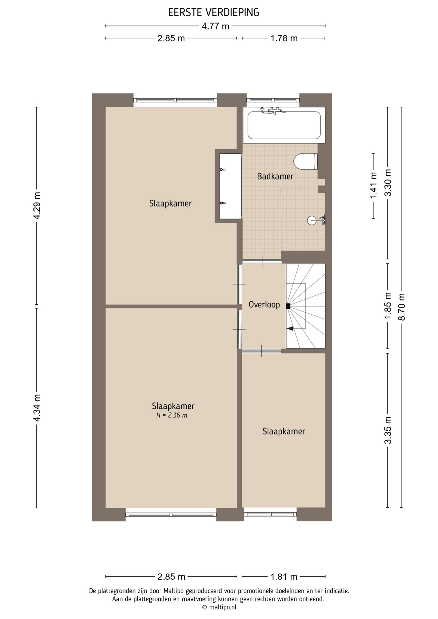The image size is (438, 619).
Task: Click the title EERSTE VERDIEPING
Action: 214,13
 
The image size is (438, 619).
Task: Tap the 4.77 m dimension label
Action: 215,26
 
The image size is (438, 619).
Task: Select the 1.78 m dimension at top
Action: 284,38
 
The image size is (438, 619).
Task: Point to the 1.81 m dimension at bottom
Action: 284,576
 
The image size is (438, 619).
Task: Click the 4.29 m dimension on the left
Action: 37,205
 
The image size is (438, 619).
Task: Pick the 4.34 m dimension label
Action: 37,408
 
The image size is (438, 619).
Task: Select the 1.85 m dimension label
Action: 388,306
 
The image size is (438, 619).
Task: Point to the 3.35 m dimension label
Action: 388,430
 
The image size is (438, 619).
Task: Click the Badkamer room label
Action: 275,176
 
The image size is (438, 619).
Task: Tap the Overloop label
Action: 264,304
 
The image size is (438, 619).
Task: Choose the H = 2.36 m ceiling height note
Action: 172,415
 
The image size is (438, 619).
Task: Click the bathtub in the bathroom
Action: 284,125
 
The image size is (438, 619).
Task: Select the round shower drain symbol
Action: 312,221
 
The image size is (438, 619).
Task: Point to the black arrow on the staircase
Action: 290,328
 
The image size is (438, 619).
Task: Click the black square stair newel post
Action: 288,306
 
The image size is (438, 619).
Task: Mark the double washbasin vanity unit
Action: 231,186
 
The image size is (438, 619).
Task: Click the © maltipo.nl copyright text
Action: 219,607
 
